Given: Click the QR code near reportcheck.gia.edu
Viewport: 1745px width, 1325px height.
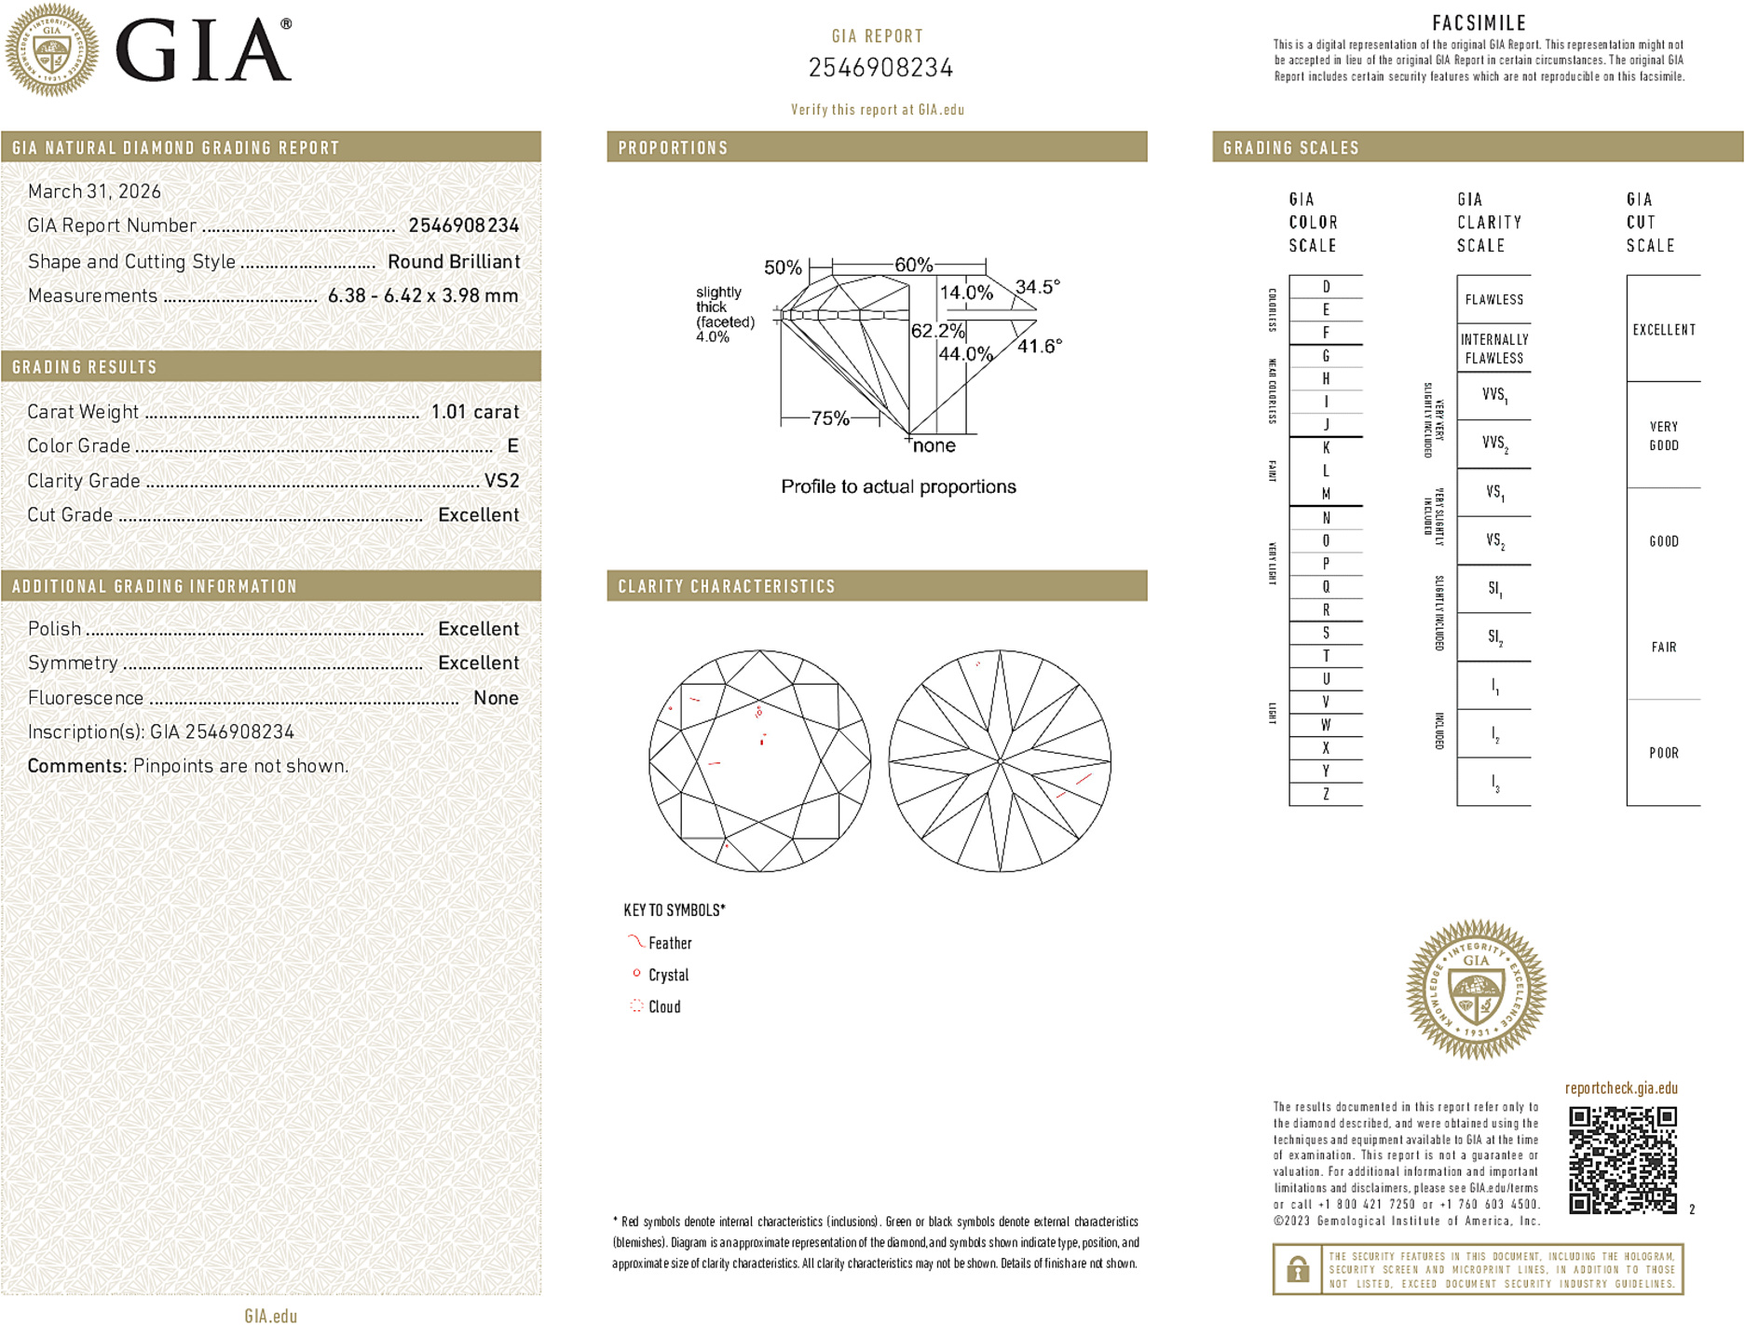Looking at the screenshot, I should (x=1622, y=1160).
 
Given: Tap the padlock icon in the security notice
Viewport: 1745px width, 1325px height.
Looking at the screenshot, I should (x=1298, y=1269).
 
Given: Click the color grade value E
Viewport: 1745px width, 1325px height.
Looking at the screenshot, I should (x=512, y=446).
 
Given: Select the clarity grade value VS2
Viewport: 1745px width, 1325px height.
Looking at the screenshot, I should (x=501, y=481).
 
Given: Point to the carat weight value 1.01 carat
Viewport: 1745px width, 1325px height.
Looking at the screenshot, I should (x=474, y=412).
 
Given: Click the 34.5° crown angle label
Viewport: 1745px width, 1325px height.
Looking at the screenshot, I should (x=1037, y=287).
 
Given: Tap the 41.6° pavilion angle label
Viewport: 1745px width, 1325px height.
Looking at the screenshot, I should (x=1039, y=347).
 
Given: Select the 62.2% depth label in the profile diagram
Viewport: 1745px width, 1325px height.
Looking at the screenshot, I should (x=937, y=331).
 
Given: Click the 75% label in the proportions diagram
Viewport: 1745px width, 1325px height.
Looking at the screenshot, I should (x=829, y=418).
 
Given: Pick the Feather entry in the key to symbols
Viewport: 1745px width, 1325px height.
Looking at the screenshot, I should (x=669, y=943).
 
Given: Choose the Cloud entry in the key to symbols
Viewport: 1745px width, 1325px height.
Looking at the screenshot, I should (x=663, y=1006).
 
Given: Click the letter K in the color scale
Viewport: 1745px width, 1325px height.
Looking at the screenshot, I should (x=1326, y=448).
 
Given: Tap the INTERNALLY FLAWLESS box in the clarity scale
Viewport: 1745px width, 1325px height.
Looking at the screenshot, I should (x=1493, y=348).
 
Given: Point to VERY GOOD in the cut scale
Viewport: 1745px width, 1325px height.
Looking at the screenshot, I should (x=1663, y=435).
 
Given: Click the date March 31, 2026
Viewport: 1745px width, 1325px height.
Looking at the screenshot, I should (x=94, y=191).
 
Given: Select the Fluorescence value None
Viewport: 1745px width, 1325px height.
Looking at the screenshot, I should (x=495, y=698).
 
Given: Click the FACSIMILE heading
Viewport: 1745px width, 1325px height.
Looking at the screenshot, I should (x=1479, y=23).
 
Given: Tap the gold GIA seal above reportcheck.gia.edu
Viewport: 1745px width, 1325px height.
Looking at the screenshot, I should (x=1476, y=990).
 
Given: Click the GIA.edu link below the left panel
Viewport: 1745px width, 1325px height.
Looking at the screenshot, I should (x=270, y=1316).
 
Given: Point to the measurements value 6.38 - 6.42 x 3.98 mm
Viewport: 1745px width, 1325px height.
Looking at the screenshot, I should (x=422, y=295).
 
